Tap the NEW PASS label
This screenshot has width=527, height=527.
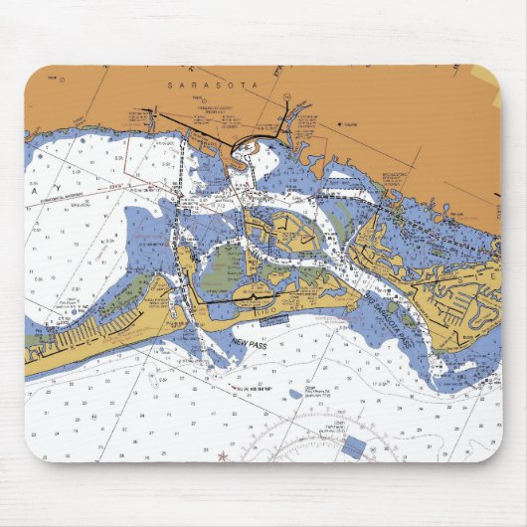(x=251, y=343)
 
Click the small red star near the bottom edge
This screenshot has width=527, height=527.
(x=222, y=456)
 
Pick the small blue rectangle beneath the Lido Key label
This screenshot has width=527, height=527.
(x=275, y=318)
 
